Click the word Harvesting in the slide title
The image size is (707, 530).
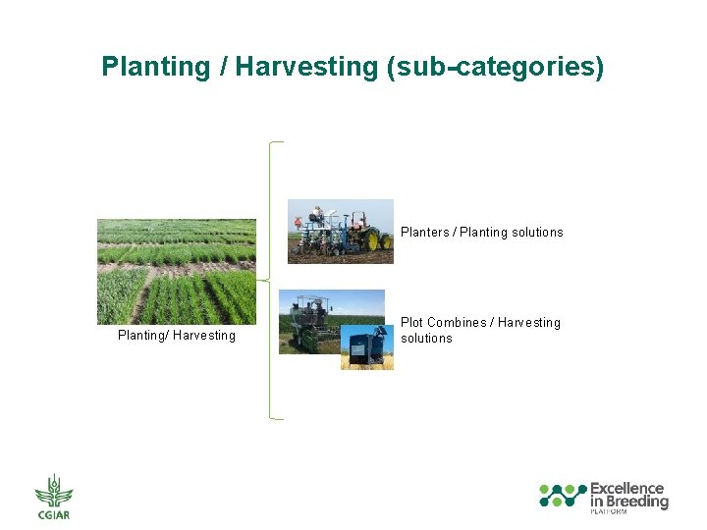click(306, 67)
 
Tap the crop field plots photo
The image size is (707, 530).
click(176, 271)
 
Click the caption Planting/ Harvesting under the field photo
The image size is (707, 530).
click(177, 336)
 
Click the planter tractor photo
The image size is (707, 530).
click(340, 232)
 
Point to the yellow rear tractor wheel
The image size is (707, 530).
click(372, 239)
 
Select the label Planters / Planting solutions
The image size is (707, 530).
click(481, 233)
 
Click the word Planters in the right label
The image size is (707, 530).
click(423, 233)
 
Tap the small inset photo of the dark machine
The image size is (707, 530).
click(366, 347)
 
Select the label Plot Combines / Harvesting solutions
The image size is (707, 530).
click(480, 330)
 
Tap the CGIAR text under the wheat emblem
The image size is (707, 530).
click(54, 515)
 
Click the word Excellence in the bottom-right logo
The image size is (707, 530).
click(626, 489)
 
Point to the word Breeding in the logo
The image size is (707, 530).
click(635, 502)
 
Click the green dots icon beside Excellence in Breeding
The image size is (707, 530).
click(563, 496)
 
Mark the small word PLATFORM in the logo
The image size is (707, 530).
click(608, 512)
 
